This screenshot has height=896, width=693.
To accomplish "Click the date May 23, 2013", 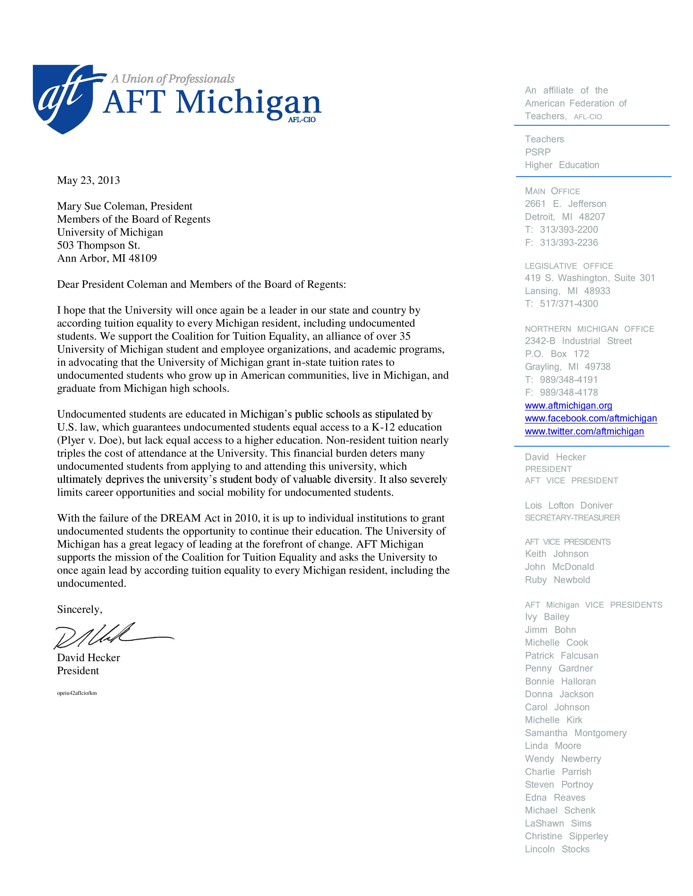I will [88, 181].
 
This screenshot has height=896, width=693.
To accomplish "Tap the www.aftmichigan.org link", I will [568, 406].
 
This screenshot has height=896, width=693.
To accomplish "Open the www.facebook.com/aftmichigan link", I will [591, 418].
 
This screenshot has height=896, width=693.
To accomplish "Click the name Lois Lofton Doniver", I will [568, 506].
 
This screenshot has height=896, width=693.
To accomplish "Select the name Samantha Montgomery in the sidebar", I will [576, 733].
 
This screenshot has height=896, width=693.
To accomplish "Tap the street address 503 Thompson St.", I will [99, 245].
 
